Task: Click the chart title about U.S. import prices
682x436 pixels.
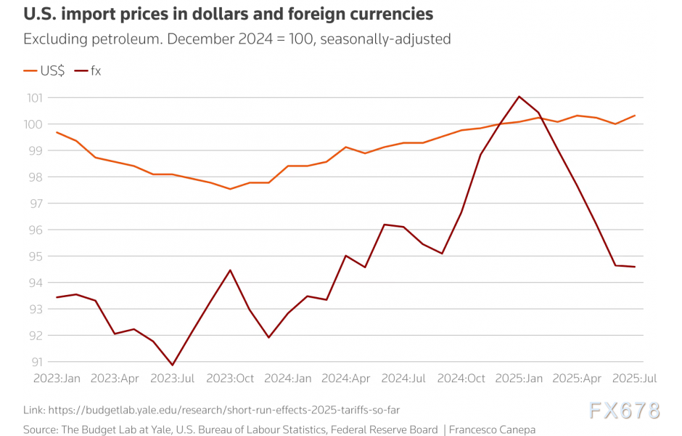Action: tap(229, 14)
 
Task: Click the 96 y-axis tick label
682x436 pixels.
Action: tap(35, 230)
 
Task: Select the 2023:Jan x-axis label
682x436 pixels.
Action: tap(57, 379)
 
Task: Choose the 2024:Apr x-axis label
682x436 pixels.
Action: tap(345, 379)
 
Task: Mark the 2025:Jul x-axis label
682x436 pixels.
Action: tap(635, 379)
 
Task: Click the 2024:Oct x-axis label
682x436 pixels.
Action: tap(461, 379)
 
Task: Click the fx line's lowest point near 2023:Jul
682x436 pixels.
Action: tap(172, 365)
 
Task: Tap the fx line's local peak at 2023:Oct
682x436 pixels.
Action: tap(230, 270)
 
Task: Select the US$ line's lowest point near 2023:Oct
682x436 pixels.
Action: tap(230, 189)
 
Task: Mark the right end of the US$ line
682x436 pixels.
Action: tap(635, 116)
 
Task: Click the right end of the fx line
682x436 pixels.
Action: tap(635, 267)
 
